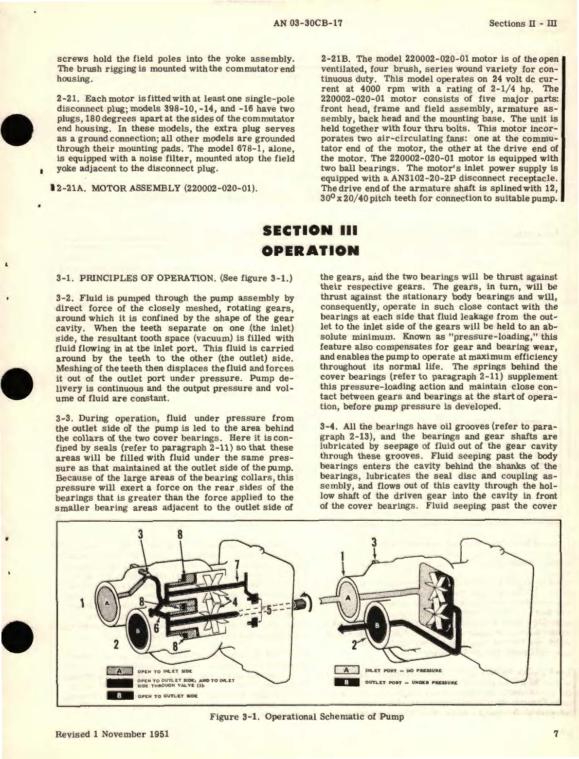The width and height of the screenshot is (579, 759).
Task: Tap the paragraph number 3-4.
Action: [x=330, y=426]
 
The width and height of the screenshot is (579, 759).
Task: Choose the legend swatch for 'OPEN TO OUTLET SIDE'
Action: [x=119, y=696]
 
